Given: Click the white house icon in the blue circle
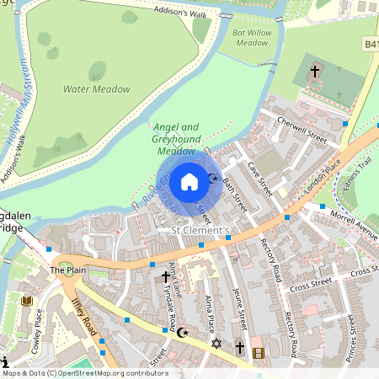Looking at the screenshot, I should coord(189,181).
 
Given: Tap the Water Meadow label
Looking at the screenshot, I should coord(97,88).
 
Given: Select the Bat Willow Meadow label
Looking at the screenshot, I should coord(249,39).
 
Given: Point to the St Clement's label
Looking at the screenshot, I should coord(200,228).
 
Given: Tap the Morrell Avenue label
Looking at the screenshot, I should coord(353,227).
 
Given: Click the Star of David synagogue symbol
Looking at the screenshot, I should coord(216,344).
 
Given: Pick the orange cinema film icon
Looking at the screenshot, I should coord(258,352).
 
